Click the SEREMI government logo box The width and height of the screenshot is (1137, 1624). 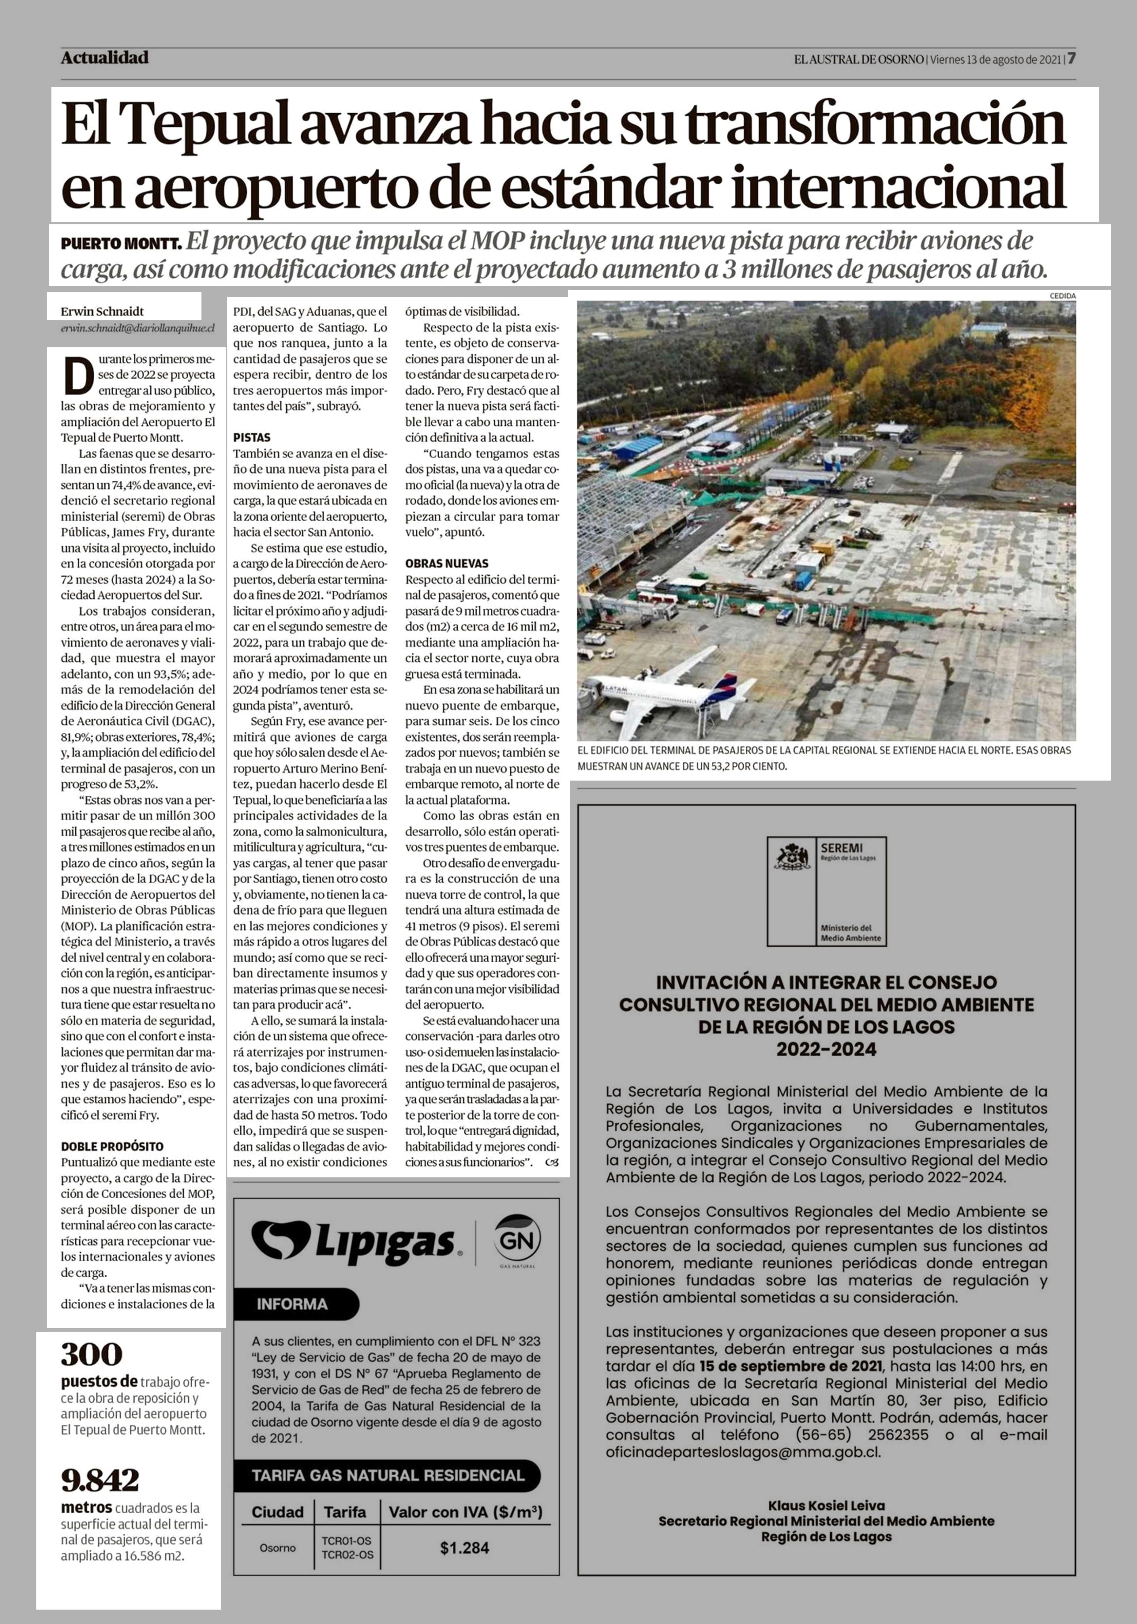(826, 891)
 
